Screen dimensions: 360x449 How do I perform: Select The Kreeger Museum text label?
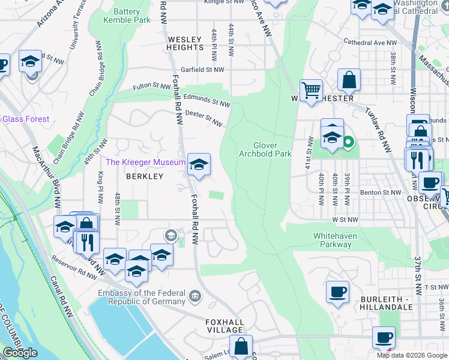pyautogui.click(x=145, y=163)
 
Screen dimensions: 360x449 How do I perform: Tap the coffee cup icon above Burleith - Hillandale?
pyautogui.click(x=337, y=292)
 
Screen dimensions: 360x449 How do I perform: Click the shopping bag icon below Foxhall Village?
pyautogui.click(x=241, y=346)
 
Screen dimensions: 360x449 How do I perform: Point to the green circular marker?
pyautogui.click(x=348, y=143)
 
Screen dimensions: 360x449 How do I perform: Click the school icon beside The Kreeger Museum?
pyautogui.click(x=199, y=163)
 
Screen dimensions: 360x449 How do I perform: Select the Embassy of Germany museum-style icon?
pyautogui.click(x=194, y=296)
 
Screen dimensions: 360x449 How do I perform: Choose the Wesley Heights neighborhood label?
pyautogui.click(x=185, y=43)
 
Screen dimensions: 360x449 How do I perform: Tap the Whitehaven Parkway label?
pyautogui.click(x=335, y=241)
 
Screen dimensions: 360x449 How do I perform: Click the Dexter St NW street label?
pyautogui.click(x=204, y=117)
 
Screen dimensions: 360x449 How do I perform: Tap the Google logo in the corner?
pyautogui.click(x=20, y=353)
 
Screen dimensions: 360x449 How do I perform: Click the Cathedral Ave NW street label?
pyautogui.click(x=370, y=43)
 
